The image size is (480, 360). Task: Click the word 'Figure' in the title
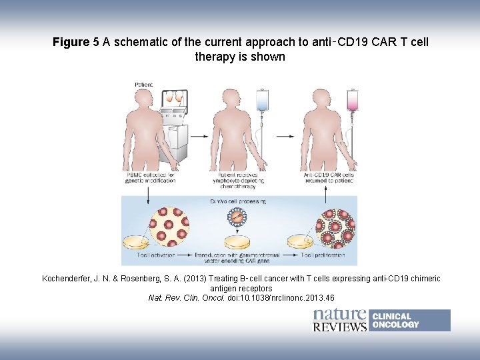point(71,43)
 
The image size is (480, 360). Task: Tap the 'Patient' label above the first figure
point(143,85)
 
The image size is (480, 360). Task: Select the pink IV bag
point(352,101)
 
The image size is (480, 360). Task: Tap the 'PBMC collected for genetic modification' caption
point(151,178)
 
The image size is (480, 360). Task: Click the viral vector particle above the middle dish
point(237,217)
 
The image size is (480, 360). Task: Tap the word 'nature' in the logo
point(339,315)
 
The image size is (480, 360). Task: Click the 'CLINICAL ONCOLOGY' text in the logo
point(395,321)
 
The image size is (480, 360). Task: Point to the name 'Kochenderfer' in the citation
point(69,278)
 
